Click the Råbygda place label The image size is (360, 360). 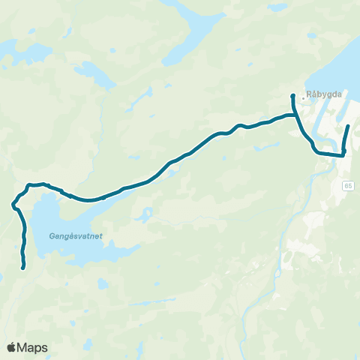click(x=323, y=96)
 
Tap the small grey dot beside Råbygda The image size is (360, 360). click(x=302, y=97)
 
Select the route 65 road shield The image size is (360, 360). click(x=349, y=184)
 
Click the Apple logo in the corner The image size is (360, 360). click(x=12, y=347)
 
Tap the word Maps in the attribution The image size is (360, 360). click(x=33, y=347)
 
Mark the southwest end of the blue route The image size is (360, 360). click(x=24, y=267)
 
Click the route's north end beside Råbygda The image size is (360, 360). click(x=292, y=96)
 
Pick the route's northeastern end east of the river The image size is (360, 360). click(x=349, y=116)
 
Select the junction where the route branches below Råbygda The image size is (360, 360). click(x=293, y=115)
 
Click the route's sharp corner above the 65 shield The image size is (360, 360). click(x=343, y=154)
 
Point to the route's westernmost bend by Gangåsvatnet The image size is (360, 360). click(x=13, y=203)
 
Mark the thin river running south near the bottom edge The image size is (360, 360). click(x=247, y=330)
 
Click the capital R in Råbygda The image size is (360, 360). click(x=309, y=96)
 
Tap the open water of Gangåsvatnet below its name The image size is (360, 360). click(x=67, y=251)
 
